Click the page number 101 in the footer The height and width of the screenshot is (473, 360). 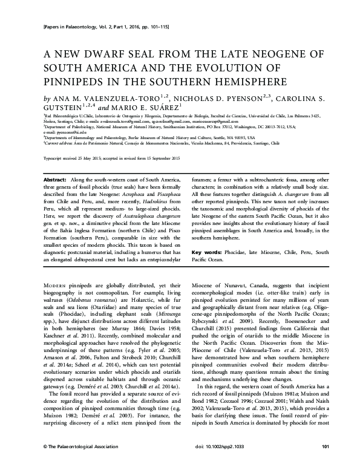pos(326,463)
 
